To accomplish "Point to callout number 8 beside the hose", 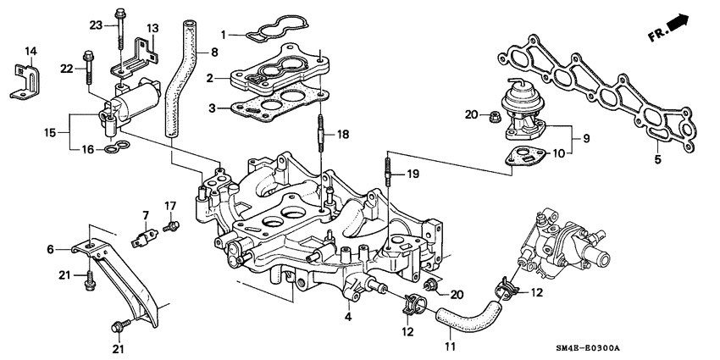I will point(213,53).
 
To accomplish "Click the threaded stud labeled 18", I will point(322,136).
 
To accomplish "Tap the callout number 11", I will point(451,346).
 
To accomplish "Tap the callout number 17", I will point(169,205).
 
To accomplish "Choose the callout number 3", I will point(224,108).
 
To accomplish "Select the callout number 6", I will point(50,250).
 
